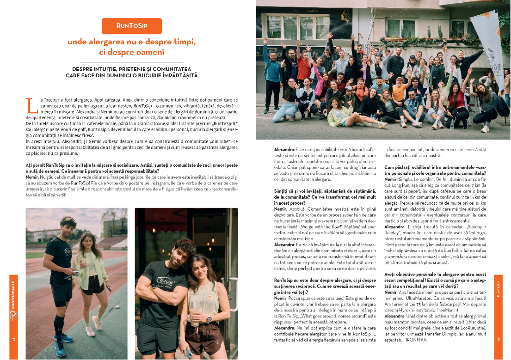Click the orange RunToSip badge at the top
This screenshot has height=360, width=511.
132,26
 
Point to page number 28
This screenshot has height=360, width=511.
14,339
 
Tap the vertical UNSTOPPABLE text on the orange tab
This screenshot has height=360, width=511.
13,296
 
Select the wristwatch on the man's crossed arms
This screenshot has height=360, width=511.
154,287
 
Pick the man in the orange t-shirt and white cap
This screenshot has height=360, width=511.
398,90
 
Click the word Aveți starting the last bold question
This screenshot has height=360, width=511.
392,274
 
